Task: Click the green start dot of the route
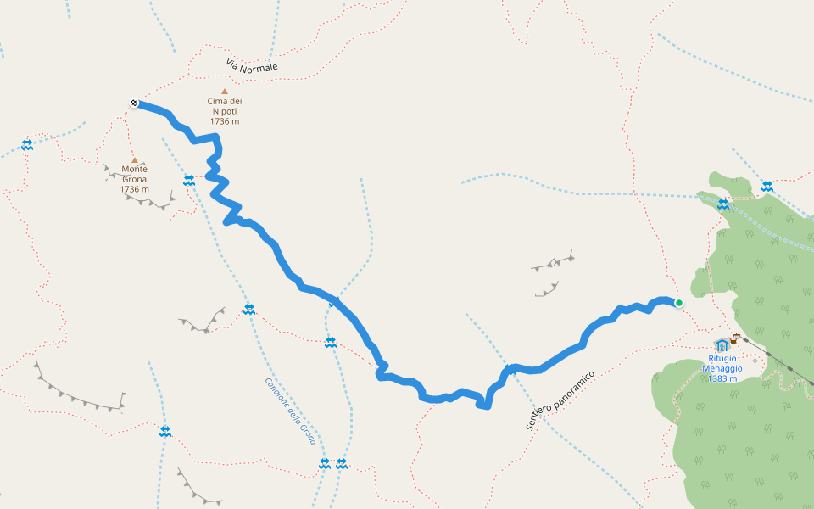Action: coord(678,302)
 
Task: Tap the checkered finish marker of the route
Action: coord(134,103)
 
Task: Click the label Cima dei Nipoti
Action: coord(225,106)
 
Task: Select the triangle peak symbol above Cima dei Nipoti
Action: coord(225,92)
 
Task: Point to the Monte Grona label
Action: coord(134,174)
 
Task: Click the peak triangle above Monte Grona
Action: coord(134,159)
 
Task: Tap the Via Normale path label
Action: coord(252,66)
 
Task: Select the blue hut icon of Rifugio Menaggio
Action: coord(722,344)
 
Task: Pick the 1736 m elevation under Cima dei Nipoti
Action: coord(225,121)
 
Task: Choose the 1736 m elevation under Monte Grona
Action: coord(134,189)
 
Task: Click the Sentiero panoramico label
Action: coord(560,400)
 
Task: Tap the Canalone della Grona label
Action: coord(290,411)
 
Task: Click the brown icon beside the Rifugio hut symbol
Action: coord(734,339)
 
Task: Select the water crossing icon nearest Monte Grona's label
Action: coord(189,180)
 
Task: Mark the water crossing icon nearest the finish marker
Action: coord(27,145)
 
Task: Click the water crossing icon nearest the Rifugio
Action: coord(723,204)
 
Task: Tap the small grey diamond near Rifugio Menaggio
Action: coord(755,361)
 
